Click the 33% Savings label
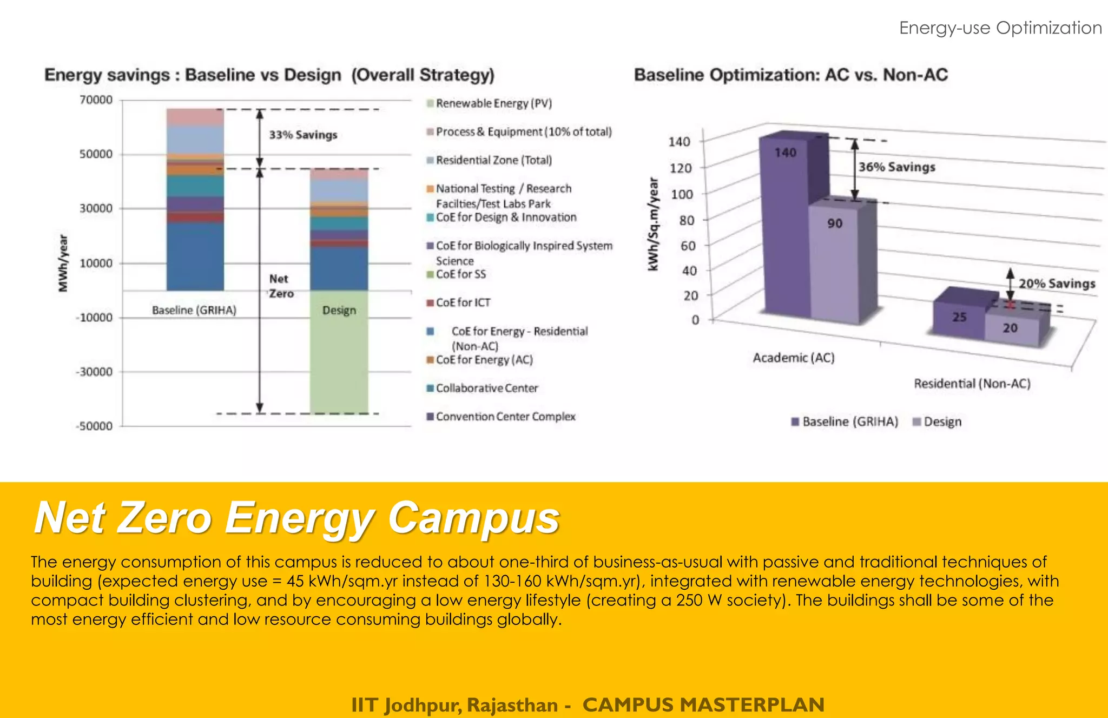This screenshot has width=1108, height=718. coord(303,135)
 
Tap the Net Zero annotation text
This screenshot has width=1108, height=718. coord(281,286)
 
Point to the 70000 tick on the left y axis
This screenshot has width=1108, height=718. coord(96,100)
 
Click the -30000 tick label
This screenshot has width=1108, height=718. coord(94,372)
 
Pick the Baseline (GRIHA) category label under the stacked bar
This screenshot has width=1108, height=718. coord(194,311)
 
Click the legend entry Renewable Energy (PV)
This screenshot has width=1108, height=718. coord(493,103)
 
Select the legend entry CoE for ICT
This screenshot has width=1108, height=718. coord(463,303)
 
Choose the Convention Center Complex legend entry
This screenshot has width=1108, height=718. coord(505,417)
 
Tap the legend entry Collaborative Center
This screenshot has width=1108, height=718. coord(486,388)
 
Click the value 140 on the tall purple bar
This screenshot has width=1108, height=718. coord(785,153)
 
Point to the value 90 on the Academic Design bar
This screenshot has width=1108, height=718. coord(834,223)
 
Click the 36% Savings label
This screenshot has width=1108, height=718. coord(896,167)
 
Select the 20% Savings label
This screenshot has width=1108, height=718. coord(1057,284)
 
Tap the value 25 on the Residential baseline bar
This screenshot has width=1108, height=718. coord(959,317)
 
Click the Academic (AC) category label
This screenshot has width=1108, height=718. coord(794,358)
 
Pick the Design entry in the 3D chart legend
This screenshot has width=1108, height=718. coord(941,422)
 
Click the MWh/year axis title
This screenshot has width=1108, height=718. coord(64,264)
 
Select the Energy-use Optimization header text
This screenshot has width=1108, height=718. coord(1000,28)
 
